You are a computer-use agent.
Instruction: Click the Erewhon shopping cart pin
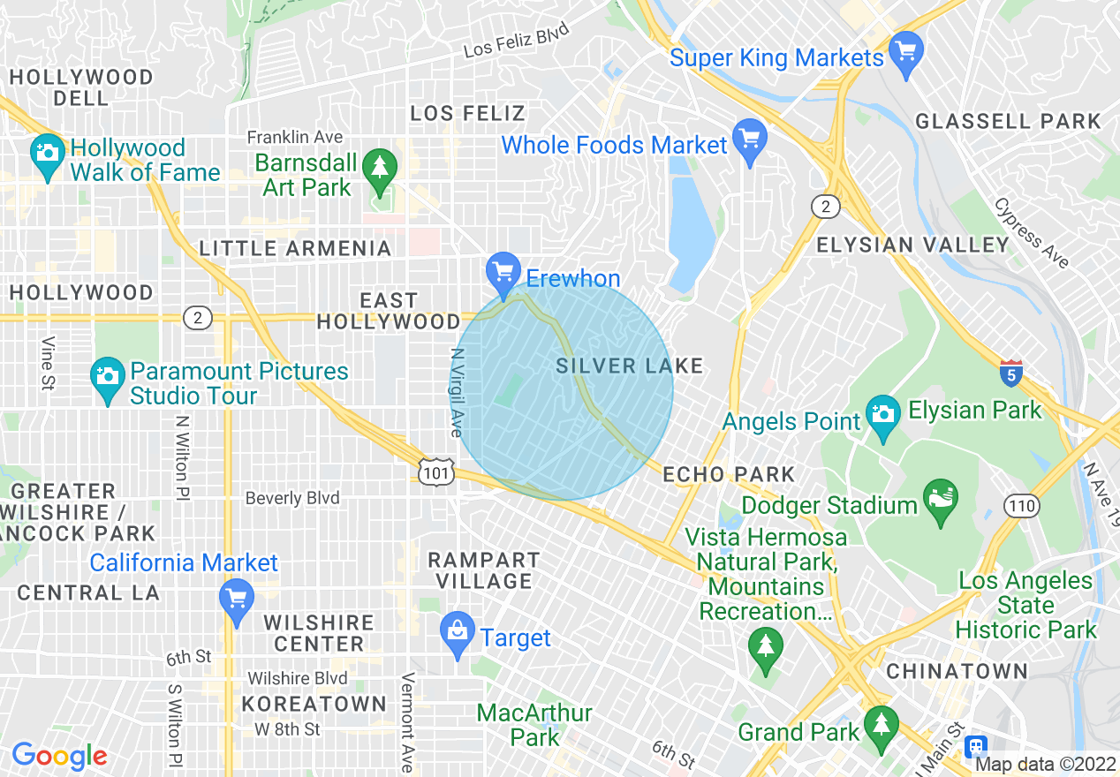click(503, 272)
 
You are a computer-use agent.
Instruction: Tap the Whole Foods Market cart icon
click(750, 139)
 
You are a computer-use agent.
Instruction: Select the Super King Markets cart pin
click(905, 50)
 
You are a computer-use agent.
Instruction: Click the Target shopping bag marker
click(458, 631)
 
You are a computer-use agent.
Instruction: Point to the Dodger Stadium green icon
click(941, 499)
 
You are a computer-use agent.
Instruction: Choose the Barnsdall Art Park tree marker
click(380, 168)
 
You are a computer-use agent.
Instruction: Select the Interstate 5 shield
click(1011, 371)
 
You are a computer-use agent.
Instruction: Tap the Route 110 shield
click(1021, 506)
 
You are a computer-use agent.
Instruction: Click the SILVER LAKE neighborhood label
click(630, 366)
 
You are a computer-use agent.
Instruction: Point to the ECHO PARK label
click(716, 474)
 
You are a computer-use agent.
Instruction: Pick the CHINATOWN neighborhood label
click(957, 671)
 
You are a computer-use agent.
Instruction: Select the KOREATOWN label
click(314, 704)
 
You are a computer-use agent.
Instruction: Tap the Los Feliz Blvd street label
click(516, 41)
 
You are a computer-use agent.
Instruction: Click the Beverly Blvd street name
click(292, 498)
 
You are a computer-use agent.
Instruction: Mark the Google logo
click(59, 757)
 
